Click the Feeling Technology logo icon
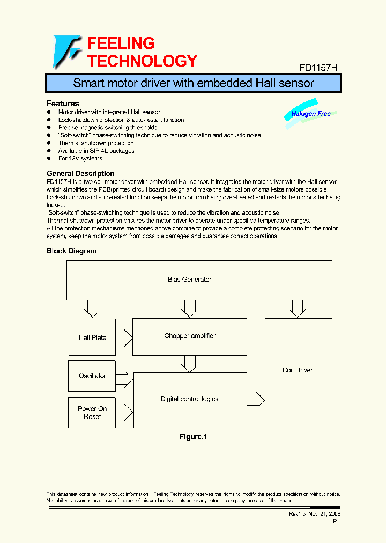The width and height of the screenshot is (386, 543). (x=66, y=52)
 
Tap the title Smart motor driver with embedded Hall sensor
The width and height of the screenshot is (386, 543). (x=193, y=83)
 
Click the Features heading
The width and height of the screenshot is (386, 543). (x=63, y=103)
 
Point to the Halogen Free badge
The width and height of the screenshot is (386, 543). (x=311, y=114)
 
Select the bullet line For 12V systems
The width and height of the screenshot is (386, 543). (x=80, y=158)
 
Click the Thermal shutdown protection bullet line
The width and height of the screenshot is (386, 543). (x=96, y=143)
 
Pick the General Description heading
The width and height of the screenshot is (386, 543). (x=80, y=173)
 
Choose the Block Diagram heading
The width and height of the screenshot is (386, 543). (x=72, y=251)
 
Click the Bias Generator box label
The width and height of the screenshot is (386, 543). (x=190, y=279)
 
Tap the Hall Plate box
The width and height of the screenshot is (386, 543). (x=92, y=337)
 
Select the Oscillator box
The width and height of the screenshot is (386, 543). (x=92, y=376)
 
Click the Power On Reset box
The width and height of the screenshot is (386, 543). (x=92, y=413)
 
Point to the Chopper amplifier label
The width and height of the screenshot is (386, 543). (x=190, y=336)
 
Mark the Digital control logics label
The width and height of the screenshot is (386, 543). (x=190, y=399)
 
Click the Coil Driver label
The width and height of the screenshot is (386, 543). (x=298, y=370)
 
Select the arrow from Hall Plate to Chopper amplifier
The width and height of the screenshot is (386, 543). (x=124, y=337)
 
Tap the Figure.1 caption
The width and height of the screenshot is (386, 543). (x=193, y=437)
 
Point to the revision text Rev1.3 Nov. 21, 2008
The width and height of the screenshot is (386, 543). (x=315, y=513)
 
